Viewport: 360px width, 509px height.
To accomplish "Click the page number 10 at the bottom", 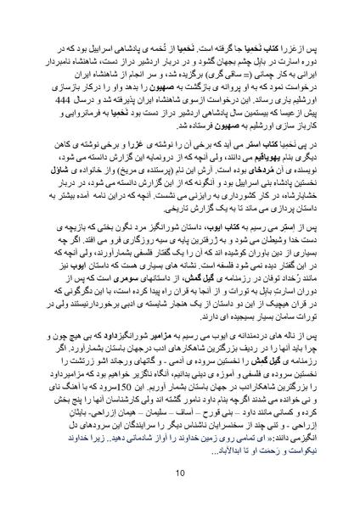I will (x=180, y=473).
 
